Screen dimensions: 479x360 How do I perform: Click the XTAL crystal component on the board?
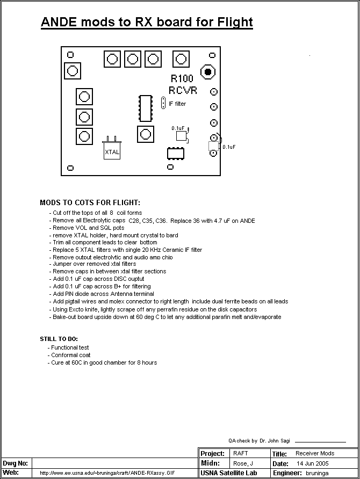click(112, 151)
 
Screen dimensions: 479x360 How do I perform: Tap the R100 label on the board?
click(182, 79)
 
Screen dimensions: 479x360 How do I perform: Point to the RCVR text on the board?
click(183, 90)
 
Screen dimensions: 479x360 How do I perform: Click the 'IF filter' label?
click(177, 104)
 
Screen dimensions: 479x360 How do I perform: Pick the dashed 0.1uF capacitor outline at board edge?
click(213, 147)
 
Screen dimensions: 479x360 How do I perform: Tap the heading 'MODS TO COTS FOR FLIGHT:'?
click(90, 203)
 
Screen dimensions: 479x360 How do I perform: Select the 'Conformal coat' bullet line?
click(71, 355)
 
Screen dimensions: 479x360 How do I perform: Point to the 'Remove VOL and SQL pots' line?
click(88, 228)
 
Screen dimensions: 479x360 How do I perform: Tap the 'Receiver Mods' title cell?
click(315, 454)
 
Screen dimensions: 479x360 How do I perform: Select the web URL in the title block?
click(108, 473)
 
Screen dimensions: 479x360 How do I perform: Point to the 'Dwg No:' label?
click(15, 463)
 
